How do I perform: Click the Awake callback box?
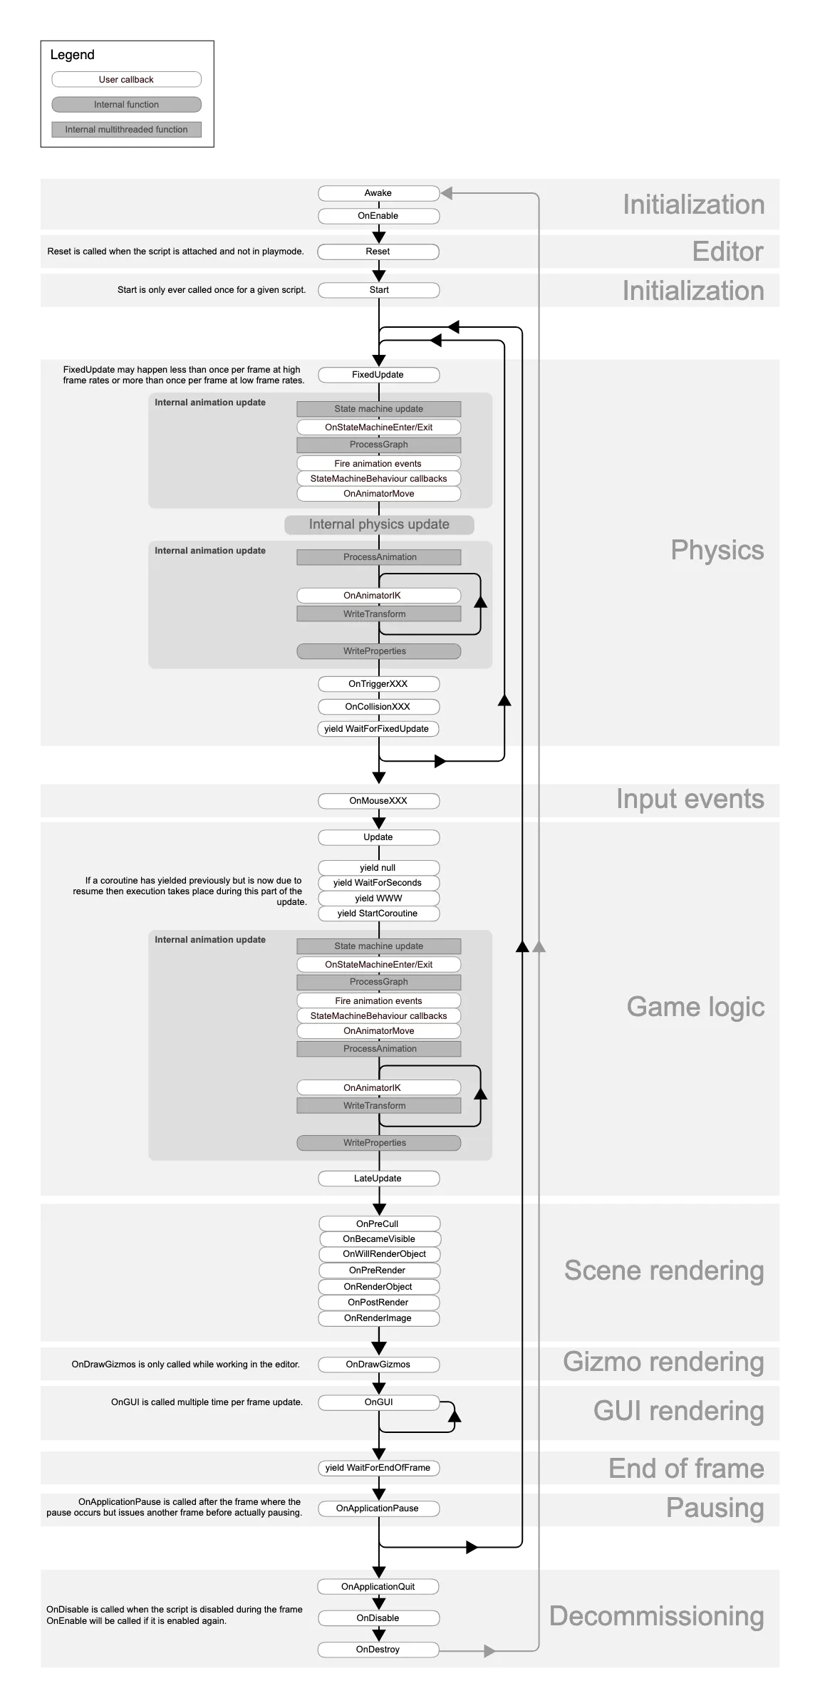coord(378,193)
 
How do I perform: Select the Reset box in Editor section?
coord(378,252)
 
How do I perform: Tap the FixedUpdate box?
coord(378,375)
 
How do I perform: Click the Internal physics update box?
coord(379,524)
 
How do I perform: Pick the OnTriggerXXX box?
coord(378,684)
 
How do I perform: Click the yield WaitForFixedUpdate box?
coord(377,729)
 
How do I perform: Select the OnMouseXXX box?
coord(378,801)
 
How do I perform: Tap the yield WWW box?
coord(378,899)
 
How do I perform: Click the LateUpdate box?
coord(378,1179)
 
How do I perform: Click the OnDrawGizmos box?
coord(378,1365)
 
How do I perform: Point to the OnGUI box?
coord(378,1402)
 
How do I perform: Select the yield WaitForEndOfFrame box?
coord(378,1468)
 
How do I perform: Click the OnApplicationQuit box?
coord(378,1587)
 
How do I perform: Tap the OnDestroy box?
coord(378,1650)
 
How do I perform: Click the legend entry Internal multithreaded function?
coord(126,130)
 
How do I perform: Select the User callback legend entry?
coord(126,80)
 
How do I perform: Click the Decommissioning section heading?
coord(656,1616)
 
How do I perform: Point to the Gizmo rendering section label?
coord(663,1362)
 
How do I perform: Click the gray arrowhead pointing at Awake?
coord(447,193)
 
